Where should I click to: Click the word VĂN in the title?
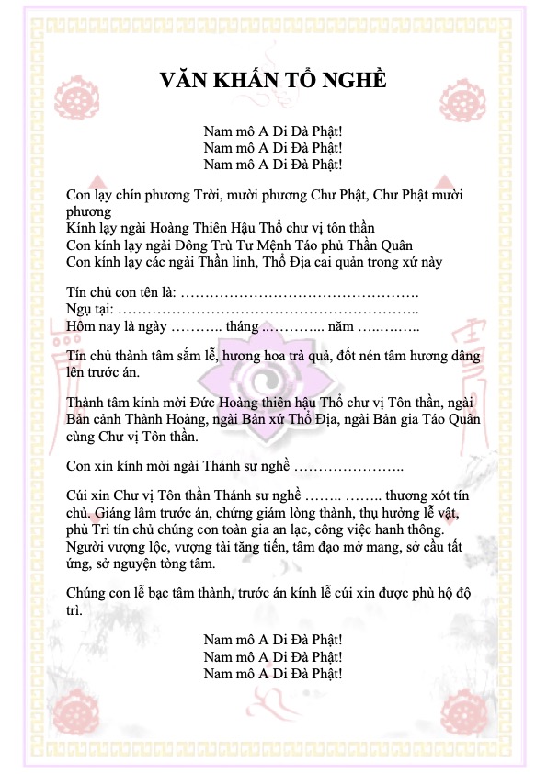pyautogui.click(x=185, y=80)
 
